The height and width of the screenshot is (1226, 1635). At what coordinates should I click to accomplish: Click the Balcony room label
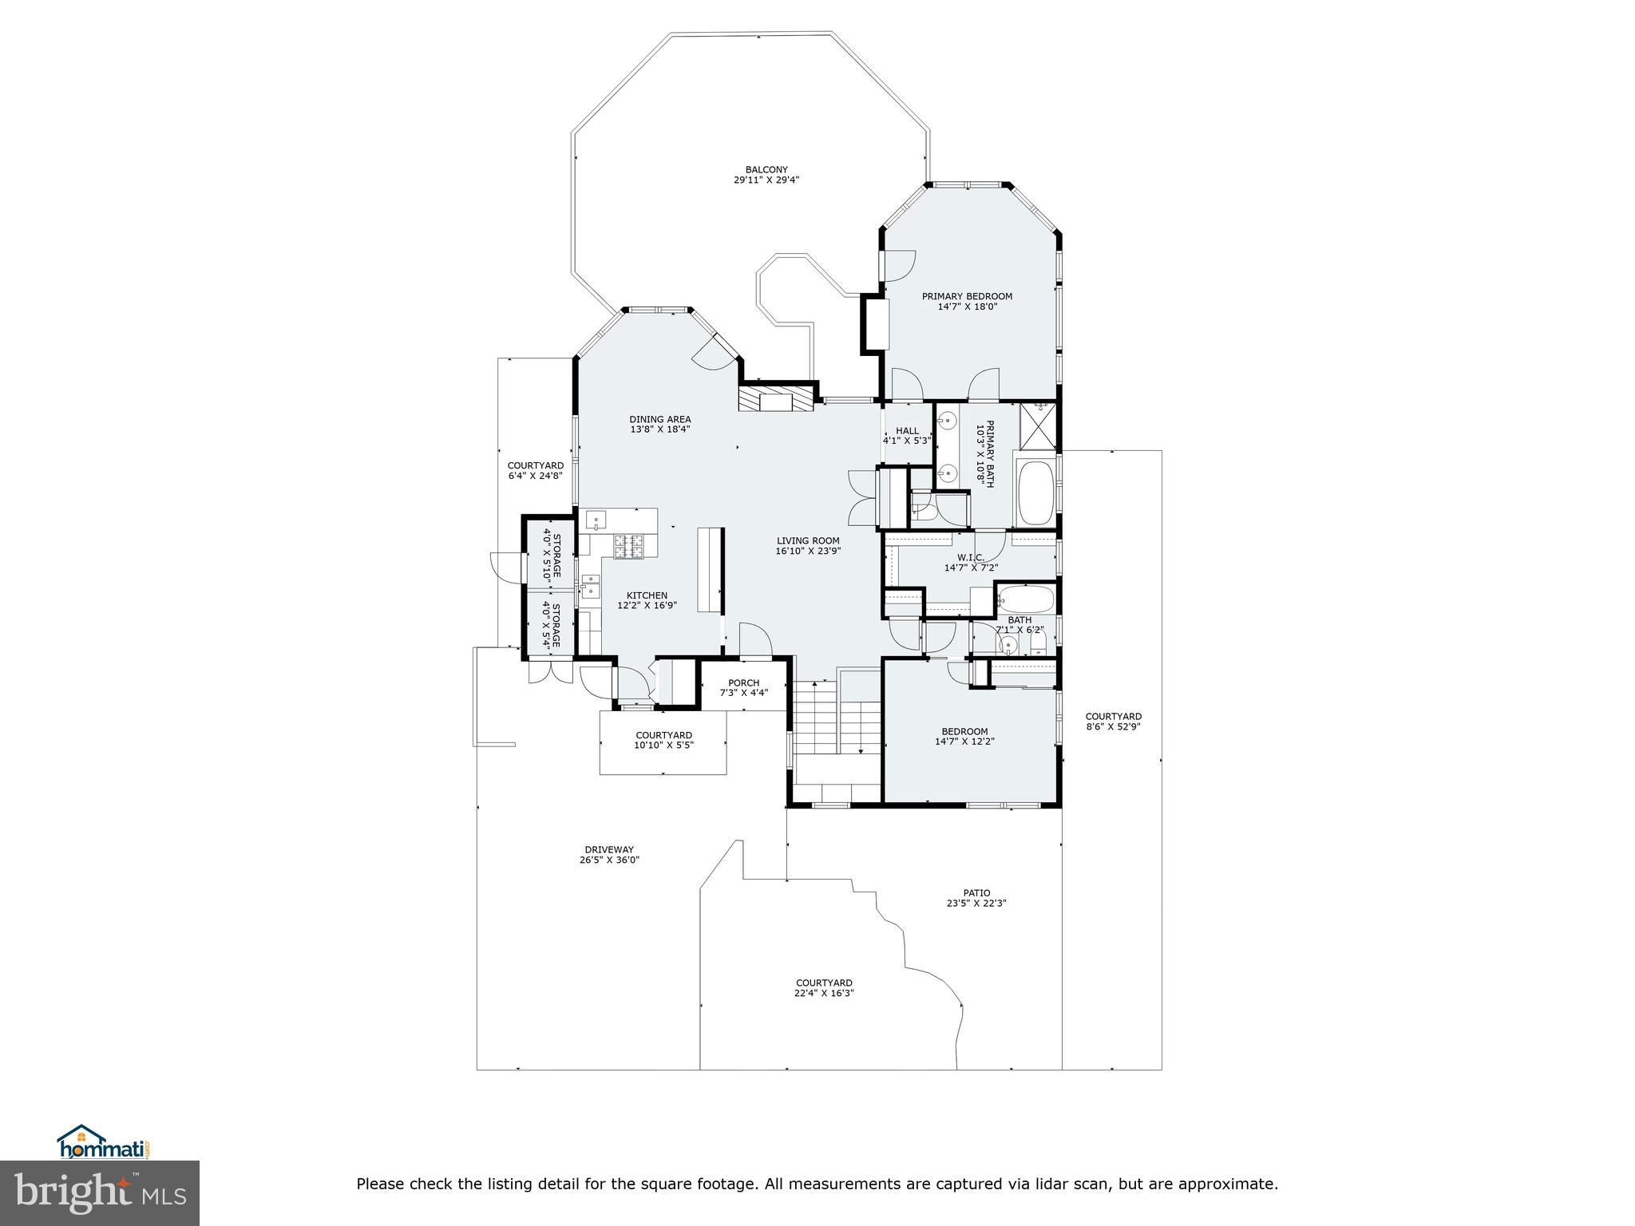pyautogui.click(x=766, y=169)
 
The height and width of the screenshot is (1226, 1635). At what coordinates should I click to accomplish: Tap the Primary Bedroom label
pyautogui.click(x=967, y=296)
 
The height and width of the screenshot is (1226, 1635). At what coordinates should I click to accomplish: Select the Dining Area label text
pyautogui.click(x=659, y=419)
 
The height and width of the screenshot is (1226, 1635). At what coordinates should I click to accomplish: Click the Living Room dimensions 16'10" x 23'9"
pyautogui.click(x=808, y=551)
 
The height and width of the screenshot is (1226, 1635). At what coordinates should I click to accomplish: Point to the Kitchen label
pyautogui.click(x=647, y=595)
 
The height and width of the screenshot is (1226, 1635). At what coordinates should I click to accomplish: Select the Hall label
pyautogui.click(x=907, y=431)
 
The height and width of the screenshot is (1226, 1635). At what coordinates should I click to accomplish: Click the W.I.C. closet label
pyautogui.click(x=971, y=557)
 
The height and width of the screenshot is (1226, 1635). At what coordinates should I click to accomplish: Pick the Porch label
pyautogui.click(x=743, y=682)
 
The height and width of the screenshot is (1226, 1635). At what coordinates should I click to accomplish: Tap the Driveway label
pyautogui.click(x=609, y=849)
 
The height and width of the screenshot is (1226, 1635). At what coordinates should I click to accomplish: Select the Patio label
pyautogui.click(x=976, y=893)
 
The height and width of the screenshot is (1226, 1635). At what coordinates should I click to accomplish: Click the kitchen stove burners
pyautogui.click(x=628, y=546)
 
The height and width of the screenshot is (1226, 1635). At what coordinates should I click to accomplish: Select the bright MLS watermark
pyautogui.click(x=100, y=1193)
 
